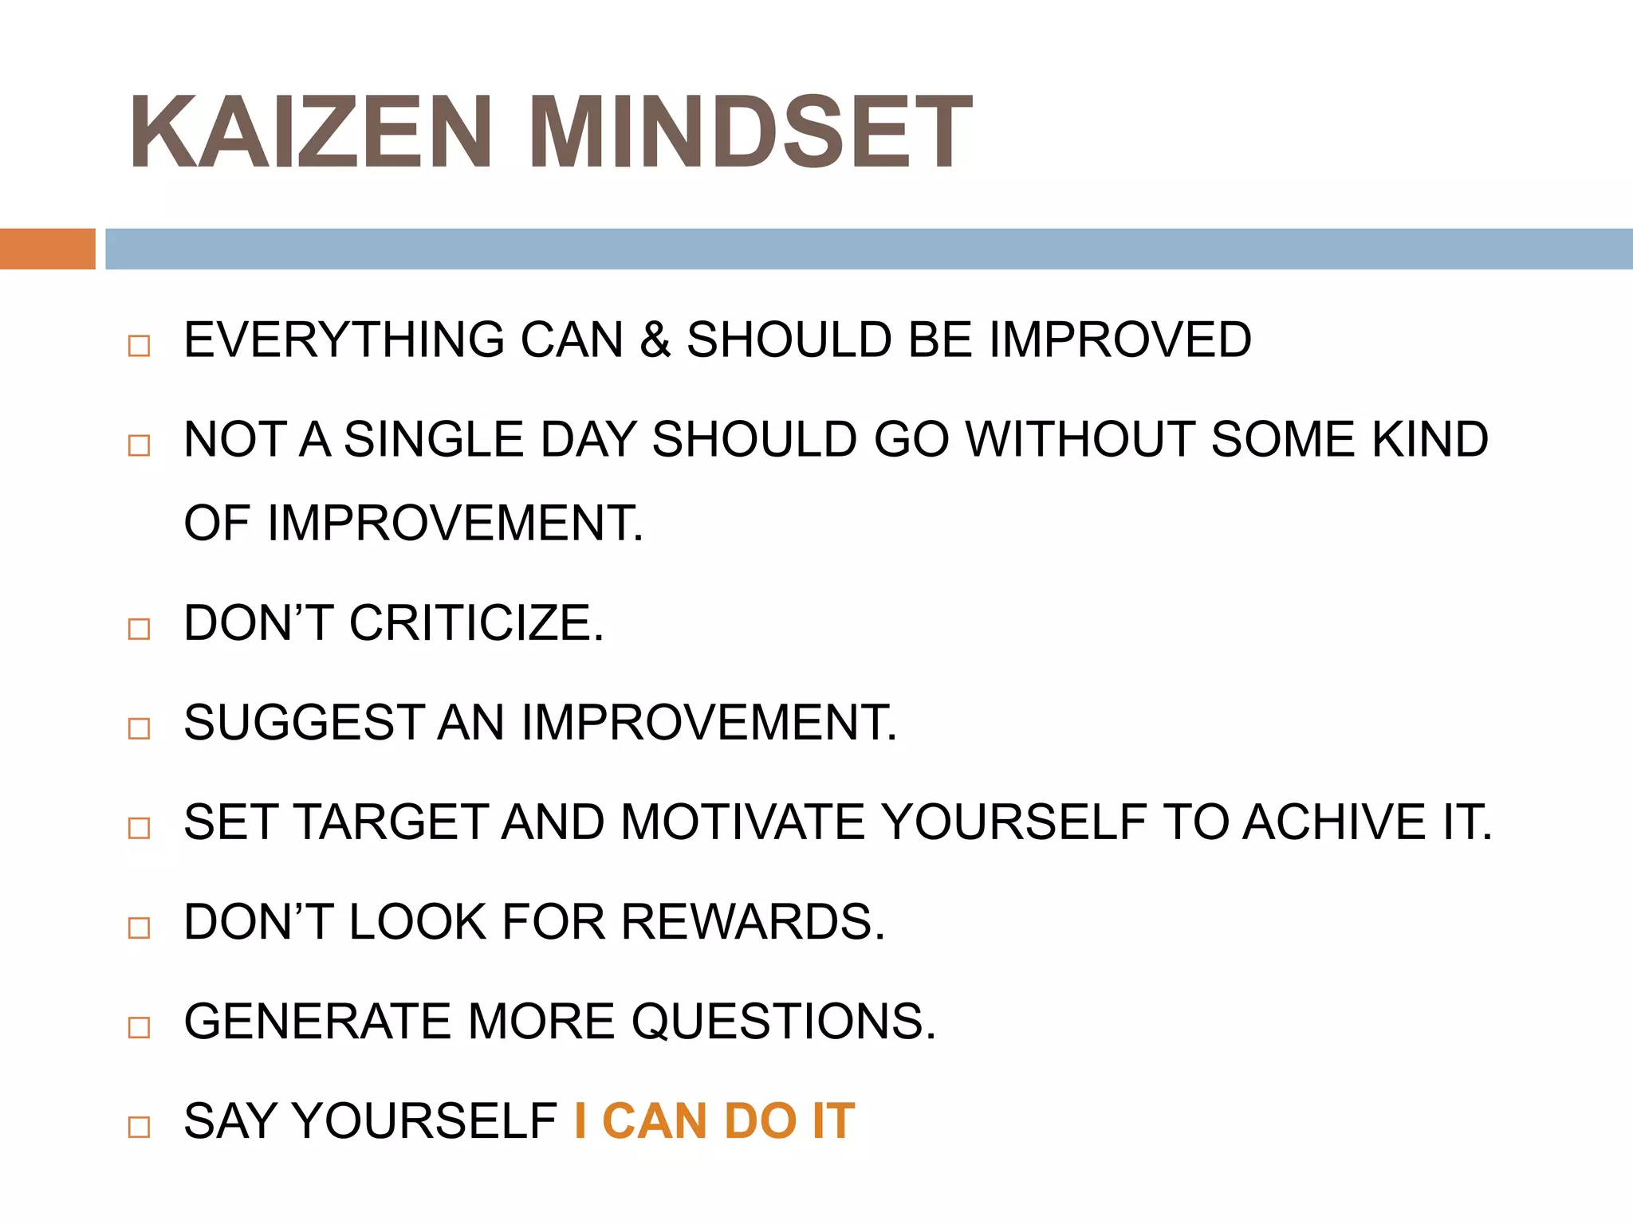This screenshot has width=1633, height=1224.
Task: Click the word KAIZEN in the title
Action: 310,132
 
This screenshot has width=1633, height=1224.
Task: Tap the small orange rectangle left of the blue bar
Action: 47,249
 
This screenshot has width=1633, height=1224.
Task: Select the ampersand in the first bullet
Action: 655,340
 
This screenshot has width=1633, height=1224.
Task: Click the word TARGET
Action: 391,822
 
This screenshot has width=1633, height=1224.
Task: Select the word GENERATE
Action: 317,1022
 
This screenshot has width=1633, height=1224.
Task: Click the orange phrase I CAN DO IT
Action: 714,1121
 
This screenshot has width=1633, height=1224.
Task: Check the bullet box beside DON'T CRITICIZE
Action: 139,629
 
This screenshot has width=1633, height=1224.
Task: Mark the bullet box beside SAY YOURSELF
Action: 139,1127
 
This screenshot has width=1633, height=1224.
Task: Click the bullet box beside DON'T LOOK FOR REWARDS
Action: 139,928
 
